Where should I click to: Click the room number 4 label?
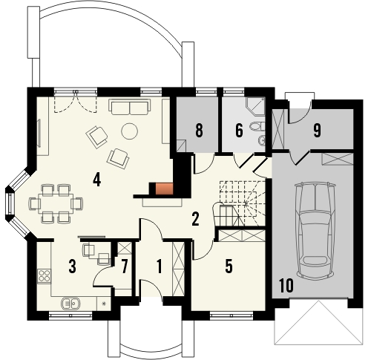coord(96,178)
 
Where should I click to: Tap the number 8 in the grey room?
coord(198,131)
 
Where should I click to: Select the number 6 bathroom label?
coord(239,131)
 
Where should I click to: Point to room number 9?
coord(317,131)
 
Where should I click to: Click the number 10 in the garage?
coord(285,285)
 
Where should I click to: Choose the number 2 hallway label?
coord(195,219)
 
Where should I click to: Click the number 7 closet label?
coord(125,264)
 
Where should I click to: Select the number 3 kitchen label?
coord(73,266)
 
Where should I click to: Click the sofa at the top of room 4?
coord(129,108)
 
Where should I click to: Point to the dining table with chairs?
coord(51,202)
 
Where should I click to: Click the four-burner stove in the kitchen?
coord(44,276)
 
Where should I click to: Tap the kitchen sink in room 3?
coord(72,302)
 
